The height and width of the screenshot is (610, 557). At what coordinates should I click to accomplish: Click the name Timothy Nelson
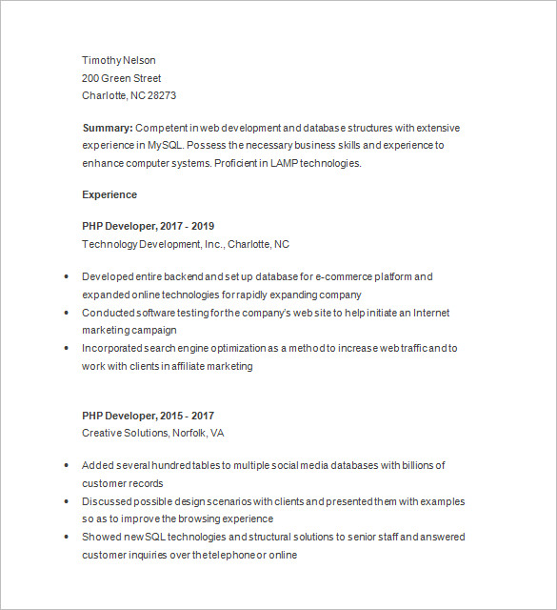(x=119, y=60)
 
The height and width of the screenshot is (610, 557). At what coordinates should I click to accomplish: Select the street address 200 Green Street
(x=122, y=78)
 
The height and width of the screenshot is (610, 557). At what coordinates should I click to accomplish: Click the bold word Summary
(x=108, y=127)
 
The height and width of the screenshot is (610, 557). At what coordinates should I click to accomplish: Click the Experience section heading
(x=109, y=194)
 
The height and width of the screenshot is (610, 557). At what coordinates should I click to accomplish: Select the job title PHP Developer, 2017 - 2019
(x=149, y=226)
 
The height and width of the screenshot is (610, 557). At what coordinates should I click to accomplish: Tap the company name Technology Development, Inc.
(x=151, y=244)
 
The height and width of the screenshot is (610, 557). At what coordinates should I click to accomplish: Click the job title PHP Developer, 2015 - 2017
(x=149, y=416)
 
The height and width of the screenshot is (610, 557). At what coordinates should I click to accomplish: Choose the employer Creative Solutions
(x=125, y=434)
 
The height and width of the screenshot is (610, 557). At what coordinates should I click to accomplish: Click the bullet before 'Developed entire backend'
(x=65, y=276)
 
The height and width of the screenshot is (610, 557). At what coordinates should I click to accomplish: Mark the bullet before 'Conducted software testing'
(x=65, y=313)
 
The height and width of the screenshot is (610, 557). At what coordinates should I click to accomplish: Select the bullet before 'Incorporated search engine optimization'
(x=65, y=349)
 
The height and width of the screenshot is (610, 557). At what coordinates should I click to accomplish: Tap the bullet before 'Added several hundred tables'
(x=65, y=466)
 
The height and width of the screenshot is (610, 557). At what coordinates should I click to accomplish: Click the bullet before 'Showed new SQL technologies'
(x=65, y=538)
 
